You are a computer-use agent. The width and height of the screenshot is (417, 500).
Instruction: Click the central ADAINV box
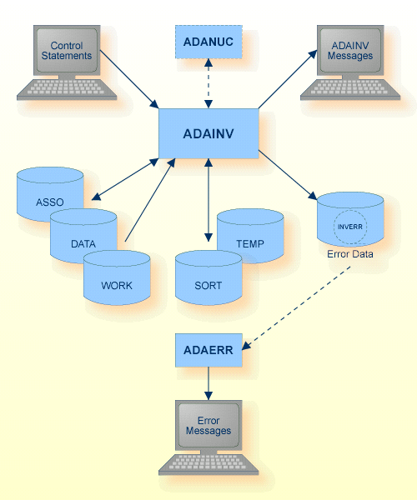(208, 133)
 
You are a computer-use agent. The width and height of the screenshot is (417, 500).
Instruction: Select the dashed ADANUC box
(208, 41)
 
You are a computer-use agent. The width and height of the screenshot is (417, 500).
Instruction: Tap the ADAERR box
(208, 351)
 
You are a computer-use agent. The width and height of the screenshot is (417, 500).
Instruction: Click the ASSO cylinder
(49, 200)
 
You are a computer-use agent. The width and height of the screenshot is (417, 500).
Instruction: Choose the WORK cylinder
(117, 283)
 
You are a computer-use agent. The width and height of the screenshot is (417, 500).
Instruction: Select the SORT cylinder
(208, 283)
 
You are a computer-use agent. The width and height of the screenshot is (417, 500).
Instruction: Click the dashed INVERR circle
(349, 226)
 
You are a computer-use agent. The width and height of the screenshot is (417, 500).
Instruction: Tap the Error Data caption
(349, 254)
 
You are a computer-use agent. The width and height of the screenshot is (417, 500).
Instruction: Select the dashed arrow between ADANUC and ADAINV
(208, 84)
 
